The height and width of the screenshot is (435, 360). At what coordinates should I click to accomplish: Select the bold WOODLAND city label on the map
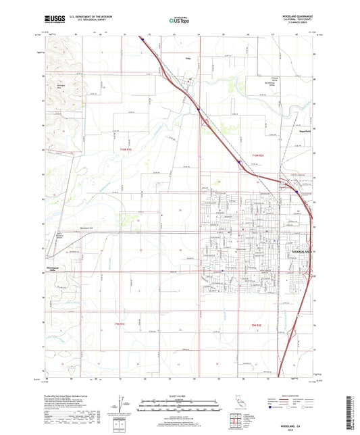click(x=302, y=252)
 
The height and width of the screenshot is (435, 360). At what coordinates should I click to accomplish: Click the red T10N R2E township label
click(x=260, y=155)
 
